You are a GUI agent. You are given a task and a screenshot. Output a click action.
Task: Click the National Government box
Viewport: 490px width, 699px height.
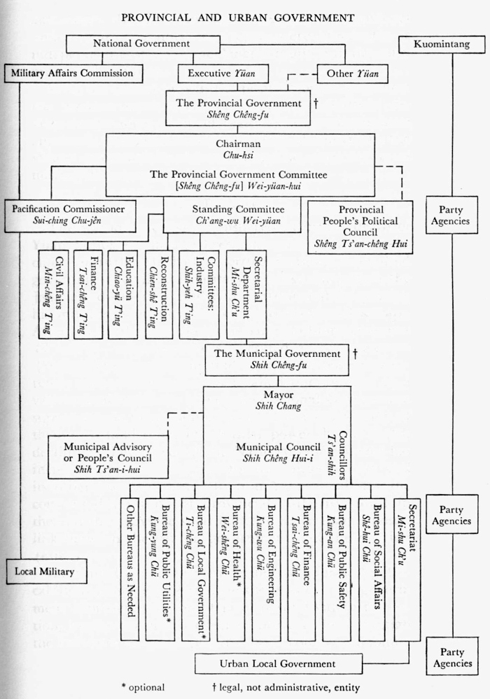pos(141,44)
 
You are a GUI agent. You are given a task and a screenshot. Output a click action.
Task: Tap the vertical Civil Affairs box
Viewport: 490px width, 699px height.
pos(53,294)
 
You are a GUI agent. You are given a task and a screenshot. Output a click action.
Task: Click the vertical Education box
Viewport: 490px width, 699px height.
pos(122,294)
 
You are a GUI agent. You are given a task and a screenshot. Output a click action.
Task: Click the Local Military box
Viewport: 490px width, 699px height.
pos(44,571)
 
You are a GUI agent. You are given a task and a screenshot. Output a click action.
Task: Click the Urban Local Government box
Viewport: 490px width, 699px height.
pos(279,663)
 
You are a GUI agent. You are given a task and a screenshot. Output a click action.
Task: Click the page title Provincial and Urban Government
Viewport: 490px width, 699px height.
pos(238,17)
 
